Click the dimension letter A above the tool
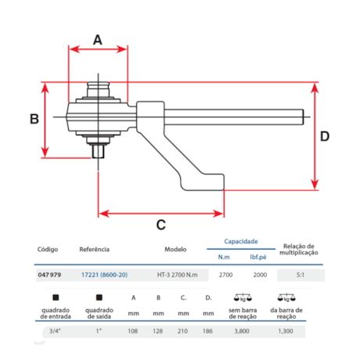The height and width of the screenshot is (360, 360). tap(98, 38)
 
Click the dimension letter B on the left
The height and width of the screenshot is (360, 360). tap(34, 119)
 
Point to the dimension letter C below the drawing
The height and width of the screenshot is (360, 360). tap(160, 225)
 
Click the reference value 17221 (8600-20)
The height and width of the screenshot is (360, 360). tap(104, 275)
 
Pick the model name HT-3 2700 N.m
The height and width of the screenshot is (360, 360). tap(178, 275)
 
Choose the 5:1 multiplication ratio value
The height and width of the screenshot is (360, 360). tap(301, 275)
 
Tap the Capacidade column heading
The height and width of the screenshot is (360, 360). tap(242, 242)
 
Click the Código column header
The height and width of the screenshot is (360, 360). tap(47, 250)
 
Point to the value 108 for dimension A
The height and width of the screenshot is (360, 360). tap(133, 332)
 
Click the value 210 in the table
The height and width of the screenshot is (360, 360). tap(183, 332)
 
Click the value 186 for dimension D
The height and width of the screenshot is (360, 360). tap(208, 332)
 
